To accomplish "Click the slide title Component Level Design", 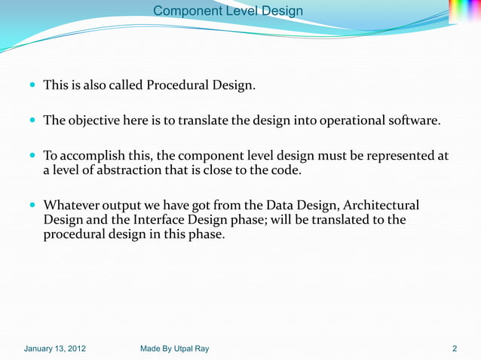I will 228,11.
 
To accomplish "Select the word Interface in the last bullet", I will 162,219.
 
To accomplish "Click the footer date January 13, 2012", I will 55,349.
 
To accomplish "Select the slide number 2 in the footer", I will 455,349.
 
